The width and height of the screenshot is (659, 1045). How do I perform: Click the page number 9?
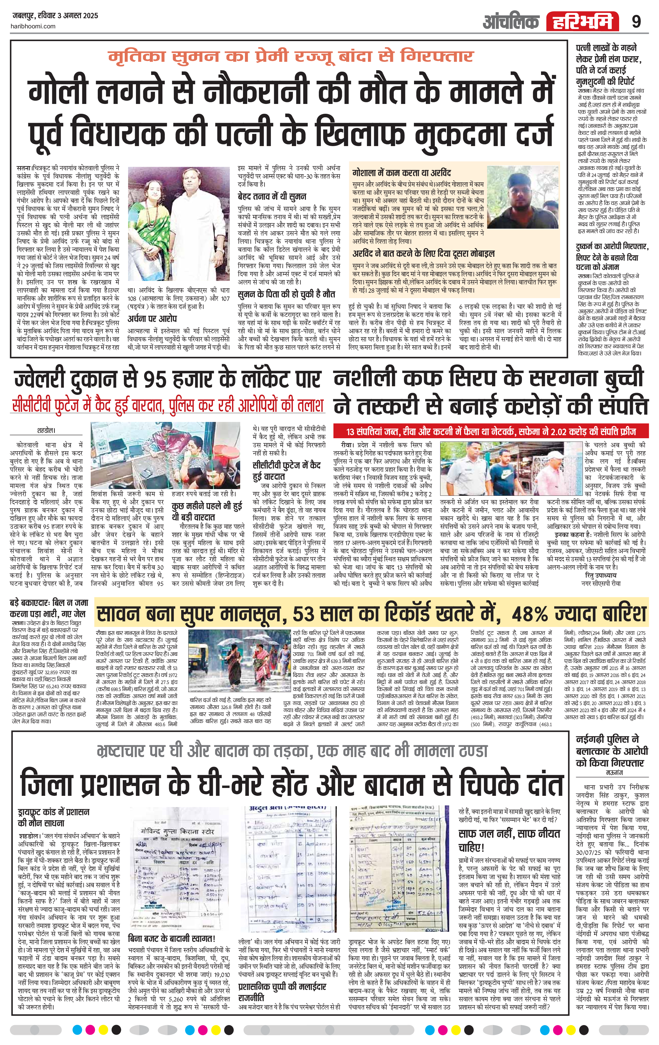point(636,21)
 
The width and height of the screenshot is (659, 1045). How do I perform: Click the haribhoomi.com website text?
point(33,26)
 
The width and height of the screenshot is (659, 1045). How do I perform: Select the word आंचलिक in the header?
point(511,21)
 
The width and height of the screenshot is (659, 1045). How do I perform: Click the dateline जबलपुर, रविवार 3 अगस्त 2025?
point(54,16)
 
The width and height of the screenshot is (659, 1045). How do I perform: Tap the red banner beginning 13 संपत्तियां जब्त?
point(491,432)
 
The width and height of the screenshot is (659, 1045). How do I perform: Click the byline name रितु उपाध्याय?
point(601,575)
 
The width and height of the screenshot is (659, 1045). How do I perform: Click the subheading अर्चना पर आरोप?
point(152,318)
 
